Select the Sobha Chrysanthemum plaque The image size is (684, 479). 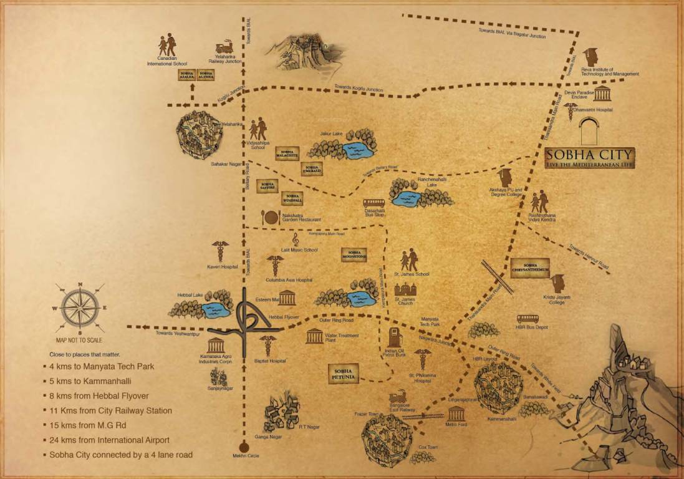tap(530, 267)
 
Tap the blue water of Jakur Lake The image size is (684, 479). tap(357, 150)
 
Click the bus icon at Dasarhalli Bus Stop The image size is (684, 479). tap(374, 203)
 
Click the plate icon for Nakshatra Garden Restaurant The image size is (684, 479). tap(271, 217)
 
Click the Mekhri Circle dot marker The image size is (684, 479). tap(244, 445)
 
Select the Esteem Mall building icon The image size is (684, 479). tap(287, 298)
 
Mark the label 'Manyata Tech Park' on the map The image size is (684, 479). tap(430, 322)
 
